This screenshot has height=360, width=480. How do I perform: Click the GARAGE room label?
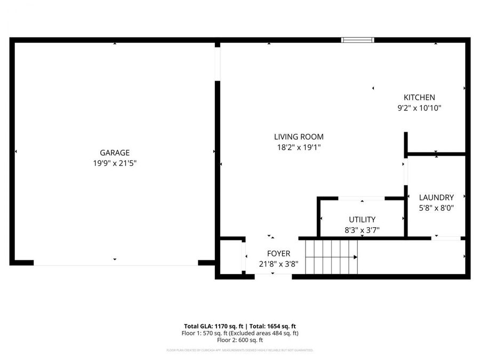[115, 153]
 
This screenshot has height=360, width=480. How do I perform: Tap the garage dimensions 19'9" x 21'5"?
[115, 163]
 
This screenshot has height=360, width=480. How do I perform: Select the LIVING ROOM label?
[299, 137]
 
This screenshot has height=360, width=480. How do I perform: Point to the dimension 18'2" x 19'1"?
[299, 147]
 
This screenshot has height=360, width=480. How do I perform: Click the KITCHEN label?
[419, 98]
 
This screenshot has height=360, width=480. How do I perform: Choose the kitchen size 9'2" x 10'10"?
[419, 108]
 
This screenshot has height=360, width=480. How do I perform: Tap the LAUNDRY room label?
[436, 197]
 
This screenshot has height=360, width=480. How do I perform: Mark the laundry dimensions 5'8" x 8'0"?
[436, 208]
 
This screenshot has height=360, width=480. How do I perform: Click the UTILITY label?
[362, 220]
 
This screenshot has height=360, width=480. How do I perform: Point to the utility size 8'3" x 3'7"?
[362, 230]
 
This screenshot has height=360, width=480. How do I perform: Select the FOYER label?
[278, 253]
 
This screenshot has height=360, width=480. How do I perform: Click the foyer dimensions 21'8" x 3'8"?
[278, 263]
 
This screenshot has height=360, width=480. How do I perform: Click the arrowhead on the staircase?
[355, 257]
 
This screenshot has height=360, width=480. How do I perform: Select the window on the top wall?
[357, 39]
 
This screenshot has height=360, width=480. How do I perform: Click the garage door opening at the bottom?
[115, 262]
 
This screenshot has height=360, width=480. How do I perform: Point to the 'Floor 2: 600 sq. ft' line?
[240, 340]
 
